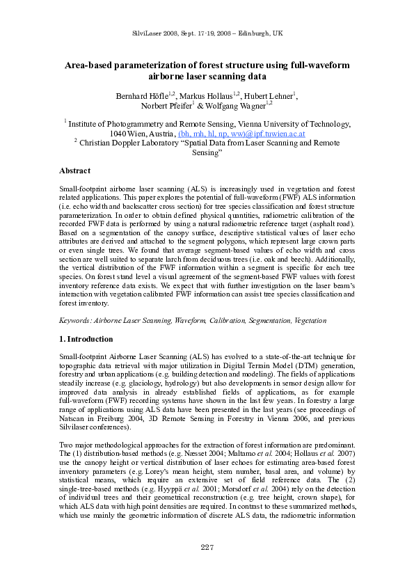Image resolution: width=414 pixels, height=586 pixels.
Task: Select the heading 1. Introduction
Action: coord(86,339)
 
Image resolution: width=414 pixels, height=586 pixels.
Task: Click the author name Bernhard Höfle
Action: coord(140,95)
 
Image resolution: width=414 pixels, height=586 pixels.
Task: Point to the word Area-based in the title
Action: coord(89,65)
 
